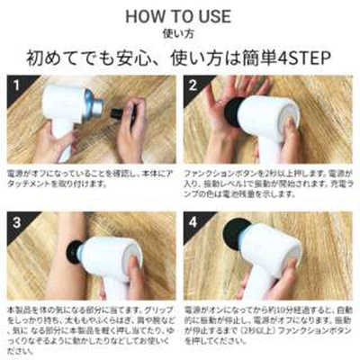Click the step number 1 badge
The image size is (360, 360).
point(14,86)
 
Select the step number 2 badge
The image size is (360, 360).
point(193,86)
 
